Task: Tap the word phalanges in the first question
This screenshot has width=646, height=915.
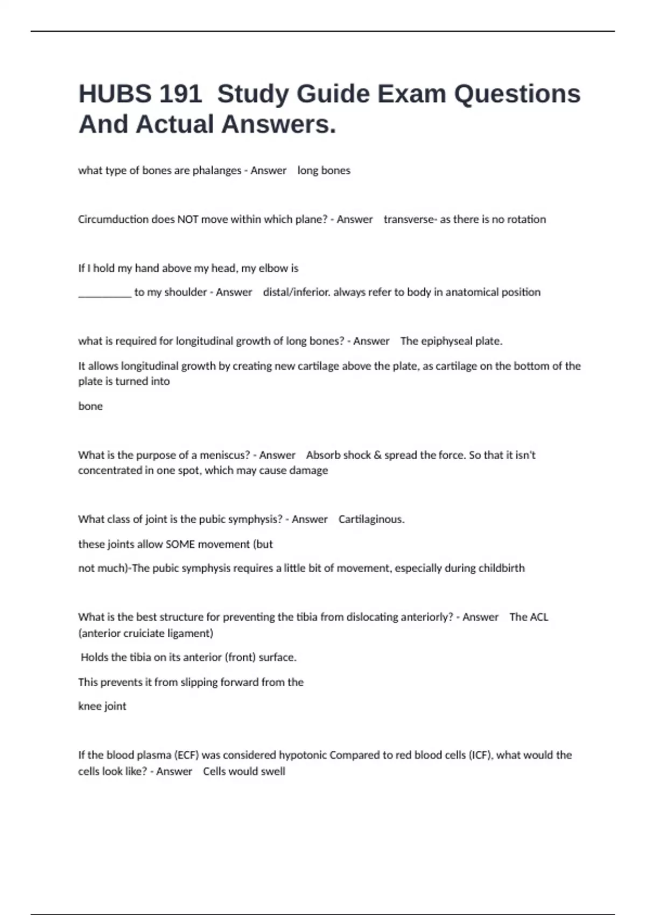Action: click(x=217, y=171)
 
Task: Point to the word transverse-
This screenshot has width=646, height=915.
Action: click(x=410, y=220)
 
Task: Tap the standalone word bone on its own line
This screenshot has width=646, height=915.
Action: click(x=90, y=406)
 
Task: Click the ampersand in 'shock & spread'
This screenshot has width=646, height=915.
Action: click(x=377, y=455)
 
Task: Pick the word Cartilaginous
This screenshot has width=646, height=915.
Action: click(x=371, y=519)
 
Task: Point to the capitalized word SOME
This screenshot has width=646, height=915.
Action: click(x=180, y=544)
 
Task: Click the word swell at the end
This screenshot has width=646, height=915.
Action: click(x=273, y=771)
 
